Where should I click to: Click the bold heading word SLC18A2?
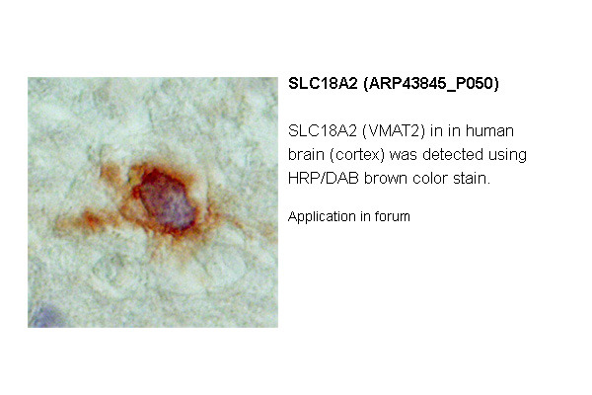click(x=323, y=84)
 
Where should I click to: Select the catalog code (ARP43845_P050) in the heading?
click(x=431, y=84)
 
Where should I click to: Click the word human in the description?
click(x=489, y=131)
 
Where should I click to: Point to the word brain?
click(x=306, y=155)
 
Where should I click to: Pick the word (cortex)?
click(x=357, y=155)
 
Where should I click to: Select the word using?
click(x=507, y=156)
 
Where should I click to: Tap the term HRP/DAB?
click(x=324, y=179)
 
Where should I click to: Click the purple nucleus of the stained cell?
click(x=169, y=202)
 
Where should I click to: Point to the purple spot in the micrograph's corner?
click(x=44, y=316)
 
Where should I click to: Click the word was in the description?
click(x=404, y=155)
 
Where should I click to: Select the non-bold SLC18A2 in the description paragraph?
click(x=323, y=131)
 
